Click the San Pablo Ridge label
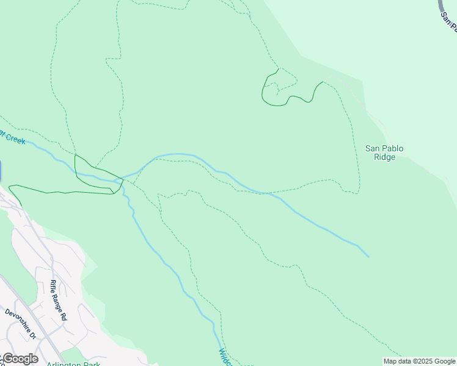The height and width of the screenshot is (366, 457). point(384,152)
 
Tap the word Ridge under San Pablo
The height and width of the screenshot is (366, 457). point(384,157)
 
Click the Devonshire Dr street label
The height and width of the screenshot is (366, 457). point(21,324)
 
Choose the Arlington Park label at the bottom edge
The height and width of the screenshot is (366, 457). point(73,364)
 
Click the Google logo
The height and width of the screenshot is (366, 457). point(20,359)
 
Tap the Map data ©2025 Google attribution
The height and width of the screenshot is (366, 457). point(420,361)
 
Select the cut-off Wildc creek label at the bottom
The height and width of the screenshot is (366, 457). point(224,357)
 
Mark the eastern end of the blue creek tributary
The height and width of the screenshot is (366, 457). point(368,256)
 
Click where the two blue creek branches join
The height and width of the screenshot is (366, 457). point(122,181)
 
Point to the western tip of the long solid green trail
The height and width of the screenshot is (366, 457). point(9,187)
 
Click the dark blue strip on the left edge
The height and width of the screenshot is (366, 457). point(1,171)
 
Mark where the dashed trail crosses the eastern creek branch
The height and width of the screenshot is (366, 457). point(266,193)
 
